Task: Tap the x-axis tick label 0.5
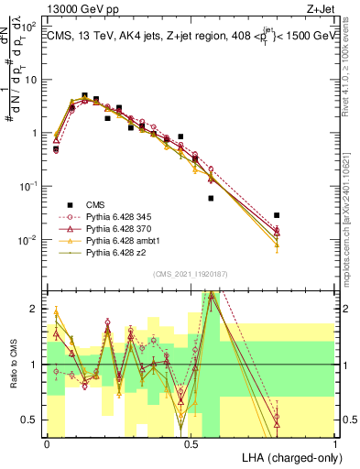tap(191, 443)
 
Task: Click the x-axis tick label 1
tap(336, 443)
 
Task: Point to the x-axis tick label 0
tap(47, 443)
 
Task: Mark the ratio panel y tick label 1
tap(36, 365)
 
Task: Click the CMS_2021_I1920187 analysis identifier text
tap(191, 272)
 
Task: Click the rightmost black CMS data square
tap(277, 215)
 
